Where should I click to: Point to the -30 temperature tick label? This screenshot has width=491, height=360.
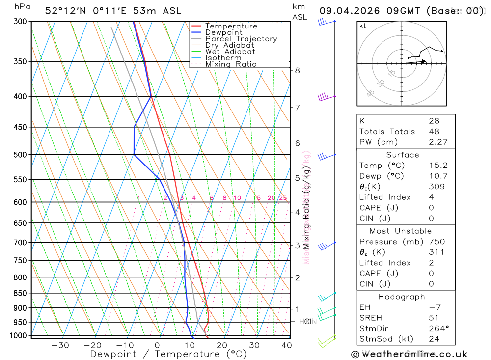pos(60,345)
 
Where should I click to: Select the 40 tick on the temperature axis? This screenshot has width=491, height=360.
pos(286,345)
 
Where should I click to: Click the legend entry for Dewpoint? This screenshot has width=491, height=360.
pos(223,32)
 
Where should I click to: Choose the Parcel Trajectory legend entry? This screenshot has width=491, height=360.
pos(241,39)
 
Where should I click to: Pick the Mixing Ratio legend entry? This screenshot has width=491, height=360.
pos(231,64)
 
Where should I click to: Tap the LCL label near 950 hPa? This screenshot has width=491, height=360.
pos(306,322)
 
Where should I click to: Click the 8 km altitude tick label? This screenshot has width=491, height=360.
pos(297,70)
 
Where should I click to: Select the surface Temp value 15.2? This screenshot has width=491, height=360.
pos(438,166)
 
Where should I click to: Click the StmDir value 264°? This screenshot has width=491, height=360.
pos(438,329)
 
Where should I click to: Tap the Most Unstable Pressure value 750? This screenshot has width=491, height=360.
pos(436,242)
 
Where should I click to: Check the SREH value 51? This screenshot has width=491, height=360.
pos(434,318)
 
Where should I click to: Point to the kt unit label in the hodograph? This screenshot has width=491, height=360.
pos(363,26)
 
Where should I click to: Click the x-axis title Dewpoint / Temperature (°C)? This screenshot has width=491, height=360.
pos(168,354)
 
